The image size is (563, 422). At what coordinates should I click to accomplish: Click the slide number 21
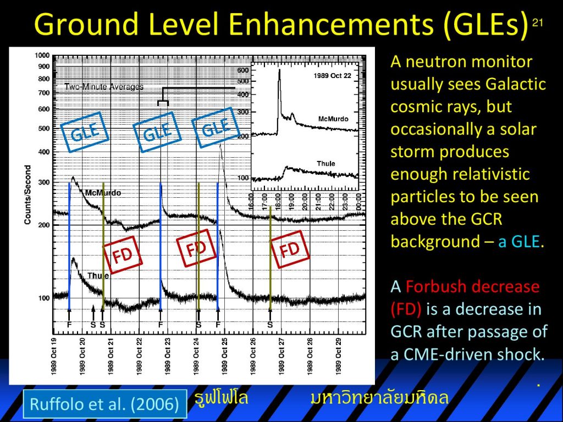(537, 23)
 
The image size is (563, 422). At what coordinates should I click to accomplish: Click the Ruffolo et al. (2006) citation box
(105, 404)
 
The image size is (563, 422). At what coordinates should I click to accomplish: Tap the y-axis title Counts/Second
(27, 195)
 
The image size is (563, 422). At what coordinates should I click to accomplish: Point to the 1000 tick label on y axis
(42, 55)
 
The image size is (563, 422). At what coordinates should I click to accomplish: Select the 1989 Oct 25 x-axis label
(225, 356)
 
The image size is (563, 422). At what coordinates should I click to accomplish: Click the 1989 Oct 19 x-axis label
(54, 356)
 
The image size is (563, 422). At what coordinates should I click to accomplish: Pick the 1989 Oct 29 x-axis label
(338, 356)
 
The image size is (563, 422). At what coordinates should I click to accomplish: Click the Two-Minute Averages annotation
(104, 86)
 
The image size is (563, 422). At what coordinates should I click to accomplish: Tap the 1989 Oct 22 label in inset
(332, 76)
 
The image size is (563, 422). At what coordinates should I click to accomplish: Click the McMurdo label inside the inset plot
(333, 119)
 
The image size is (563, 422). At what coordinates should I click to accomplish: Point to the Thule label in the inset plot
(325, 164)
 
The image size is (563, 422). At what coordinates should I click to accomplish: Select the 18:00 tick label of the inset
(278, 202)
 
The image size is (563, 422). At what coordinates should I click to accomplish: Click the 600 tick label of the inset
(243, 70)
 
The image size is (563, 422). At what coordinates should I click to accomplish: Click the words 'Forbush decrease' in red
(472, 286)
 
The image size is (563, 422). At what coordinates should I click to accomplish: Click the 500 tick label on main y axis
(44, 129)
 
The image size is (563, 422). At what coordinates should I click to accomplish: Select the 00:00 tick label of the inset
(358, 202)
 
